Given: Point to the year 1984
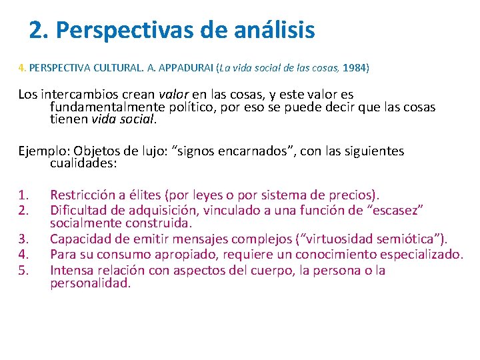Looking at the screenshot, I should point(353,68).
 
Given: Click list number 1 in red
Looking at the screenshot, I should point(23,195).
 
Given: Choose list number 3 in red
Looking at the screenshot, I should point(23,239).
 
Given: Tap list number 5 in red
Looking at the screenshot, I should point(23,270).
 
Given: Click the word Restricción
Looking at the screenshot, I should point(82,195).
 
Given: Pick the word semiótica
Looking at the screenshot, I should point(409,239).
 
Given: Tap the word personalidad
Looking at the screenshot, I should point(89,283).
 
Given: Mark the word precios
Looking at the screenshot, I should point(353,195).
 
